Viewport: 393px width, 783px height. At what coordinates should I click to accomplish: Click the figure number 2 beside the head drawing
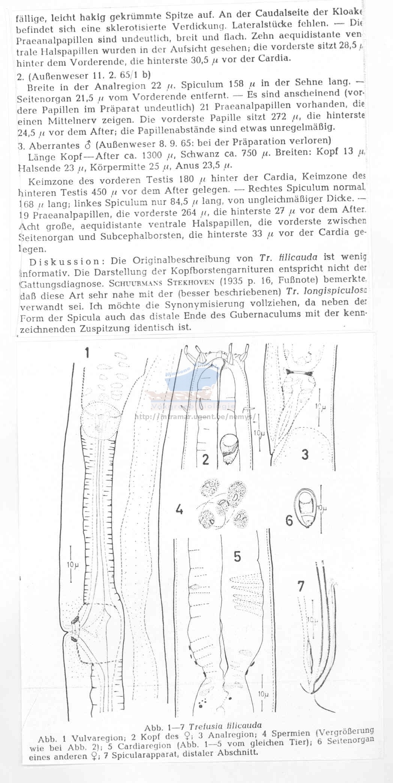[205, 459]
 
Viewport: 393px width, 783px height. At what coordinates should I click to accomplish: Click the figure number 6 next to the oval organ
[289, 520]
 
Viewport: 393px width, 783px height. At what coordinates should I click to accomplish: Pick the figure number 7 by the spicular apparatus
[301, 586]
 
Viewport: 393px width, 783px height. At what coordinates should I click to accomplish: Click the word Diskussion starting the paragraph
[63, 262]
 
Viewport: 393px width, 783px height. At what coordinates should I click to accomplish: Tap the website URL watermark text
[195, 416]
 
